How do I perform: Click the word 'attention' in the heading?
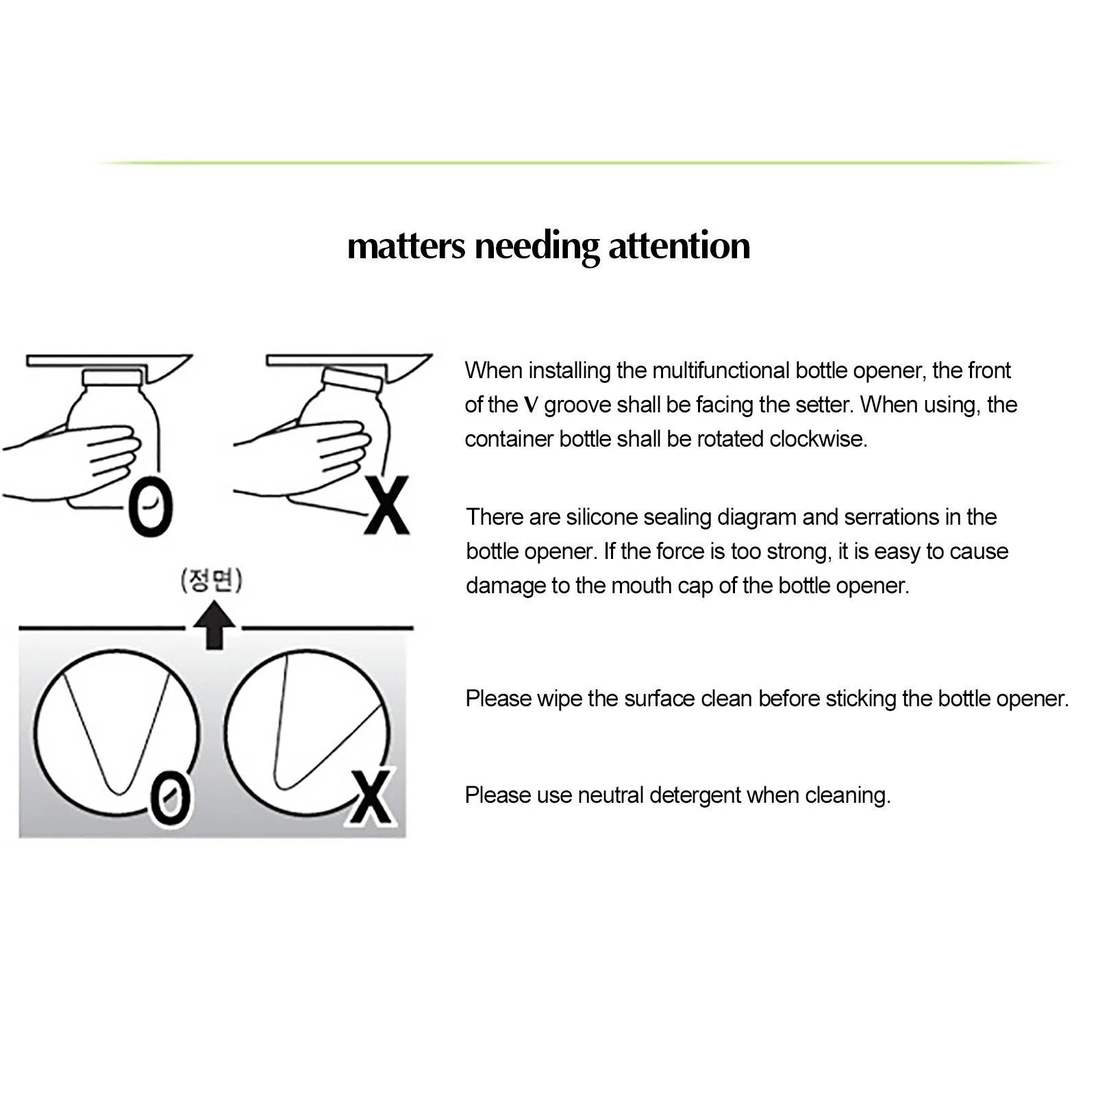coord(679,246)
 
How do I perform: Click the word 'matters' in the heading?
coord(406,246)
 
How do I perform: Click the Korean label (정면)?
coord(211,581)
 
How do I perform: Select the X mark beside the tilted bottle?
coord(387,506)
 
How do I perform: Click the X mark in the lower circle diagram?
coord(372,797)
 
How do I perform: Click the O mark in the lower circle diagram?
coord(169,798)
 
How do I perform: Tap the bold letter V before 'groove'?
coord(531,405)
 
